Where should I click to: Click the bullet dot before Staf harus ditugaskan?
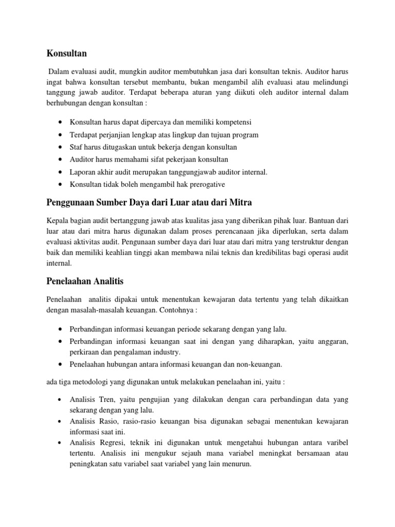61,147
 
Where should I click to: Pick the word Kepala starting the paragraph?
58,220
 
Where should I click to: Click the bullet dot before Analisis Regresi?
61,443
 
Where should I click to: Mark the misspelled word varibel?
334,443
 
